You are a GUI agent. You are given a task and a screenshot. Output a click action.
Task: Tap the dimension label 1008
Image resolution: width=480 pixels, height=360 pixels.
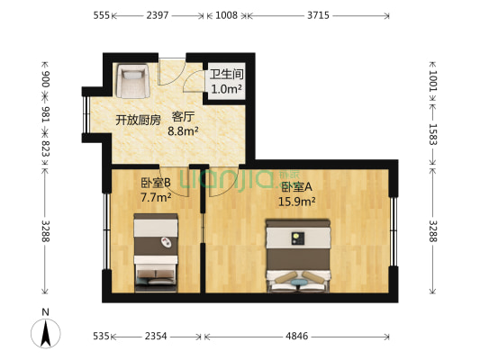(x=226, y=16)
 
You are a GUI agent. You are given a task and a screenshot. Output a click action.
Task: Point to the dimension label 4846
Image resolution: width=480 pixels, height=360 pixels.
(x=298, y=337)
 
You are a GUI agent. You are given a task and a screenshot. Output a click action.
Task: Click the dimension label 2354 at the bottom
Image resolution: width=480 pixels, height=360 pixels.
(x=157, y=337)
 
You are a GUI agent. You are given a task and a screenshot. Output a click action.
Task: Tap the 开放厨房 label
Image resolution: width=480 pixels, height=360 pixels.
(x=137, y=119)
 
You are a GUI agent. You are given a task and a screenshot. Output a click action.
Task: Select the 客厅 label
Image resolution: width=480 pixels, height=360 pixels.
(x=184, y=117)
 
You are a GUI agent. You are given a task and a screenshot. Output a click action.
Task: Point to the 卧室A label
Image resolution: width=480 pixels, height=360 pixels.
(x=296, y=187)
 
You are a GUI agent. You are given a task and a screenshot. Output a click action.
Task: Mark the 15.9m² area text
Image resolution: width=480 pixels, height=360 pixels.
(x=298, y=202)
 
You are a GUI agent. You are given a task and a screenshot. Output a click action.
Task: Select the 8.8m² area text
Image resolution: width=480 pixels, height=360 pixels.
(x=184, y=131)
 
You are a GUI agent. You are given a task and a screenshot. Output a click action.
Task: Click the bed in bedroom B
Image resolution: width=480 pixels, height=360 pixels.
(x=157, y=252)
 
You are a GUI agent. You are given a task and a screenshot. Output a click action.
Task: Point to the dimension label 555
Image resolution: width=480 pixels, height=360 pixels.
(x=101, y=16)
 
